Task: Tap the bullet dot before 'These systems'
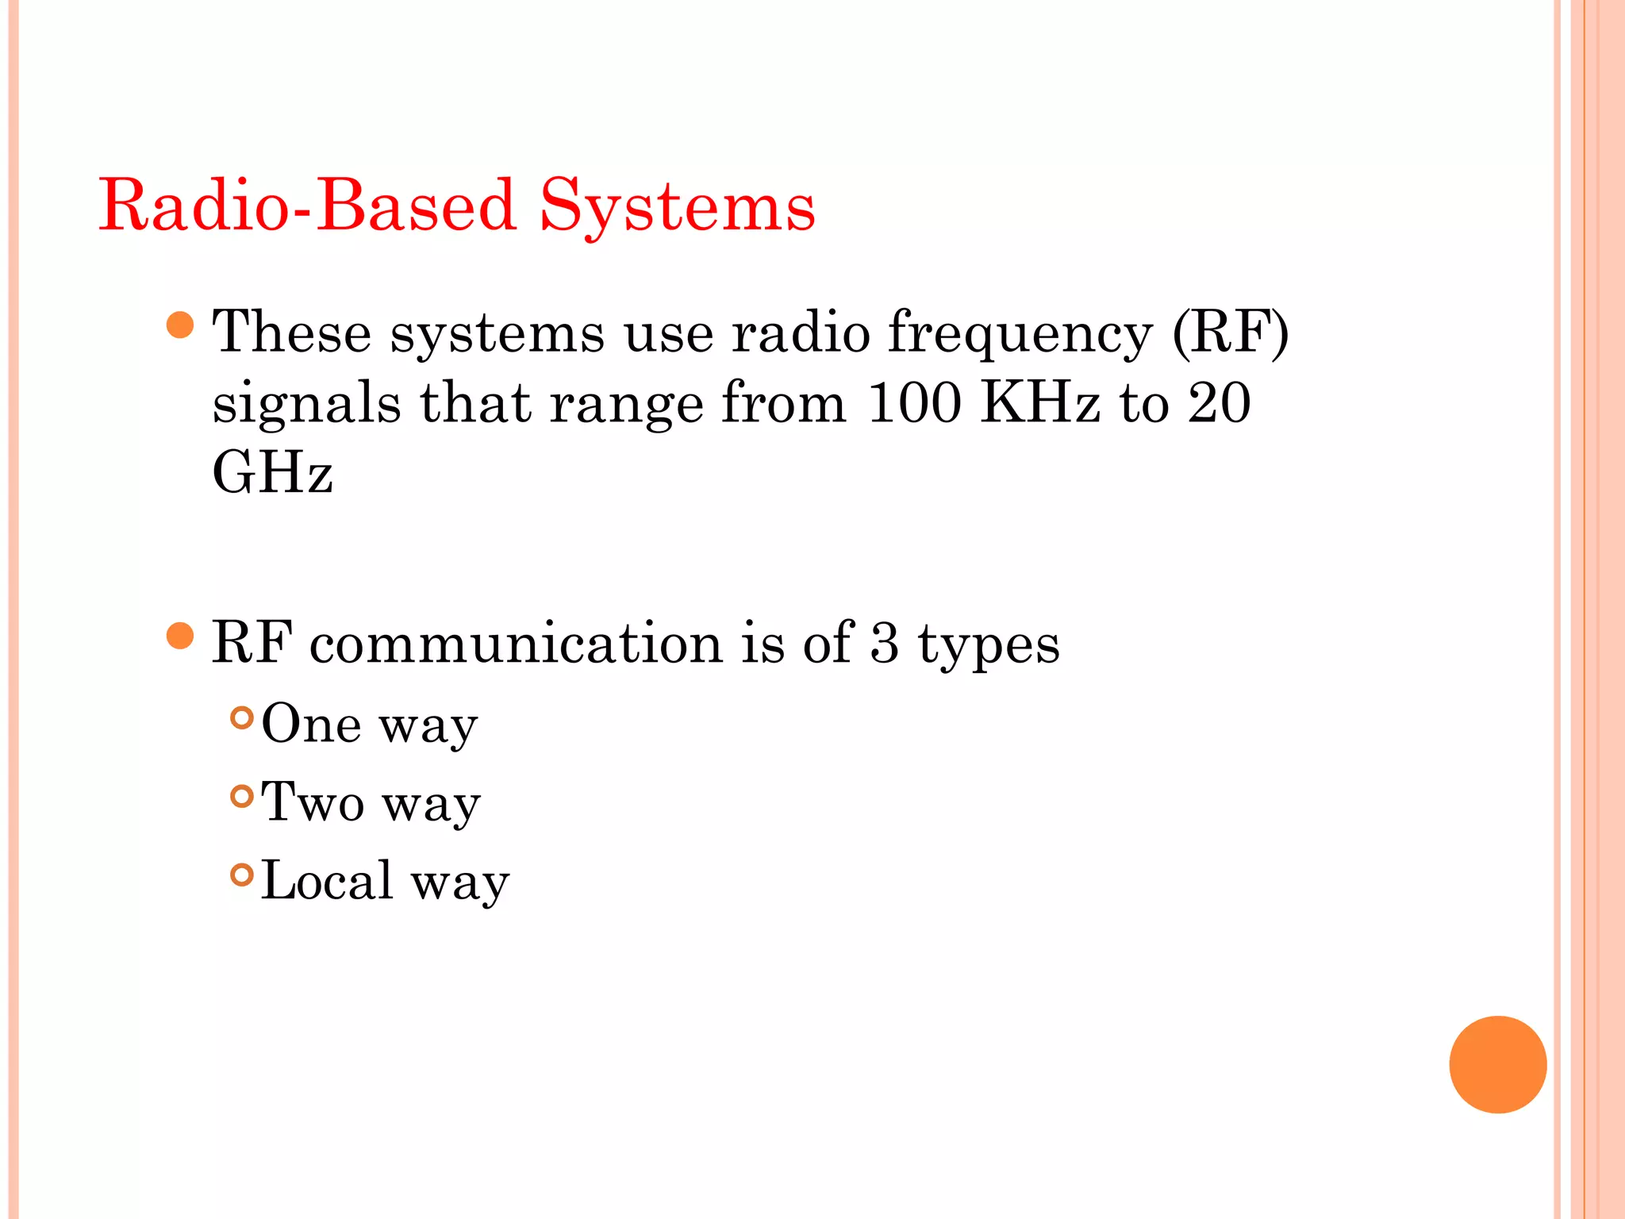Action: tap(181, 325)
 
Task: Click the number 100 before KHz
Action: tap(914, 402)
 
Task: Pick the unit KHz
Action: tap(1040, 402)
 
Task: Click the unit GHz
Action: tap(272, 472)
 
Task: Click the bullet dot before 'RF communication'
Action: tap(181, 636)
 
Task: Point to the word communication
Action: tap(516, 642)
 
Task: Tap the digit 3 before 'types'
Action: tap(885, 642)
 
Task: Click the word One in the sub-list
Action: tap(311, 723)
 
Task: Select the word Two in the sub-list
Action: tap(313, 802)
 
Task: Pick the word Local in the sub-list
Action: tap(327, 880)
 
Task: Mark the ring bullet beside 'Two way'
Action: tap(242, 796)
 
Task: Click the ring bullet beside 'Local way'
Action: tap(242, 875)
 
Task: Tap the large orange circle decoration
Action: tap(1497, 1064)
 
